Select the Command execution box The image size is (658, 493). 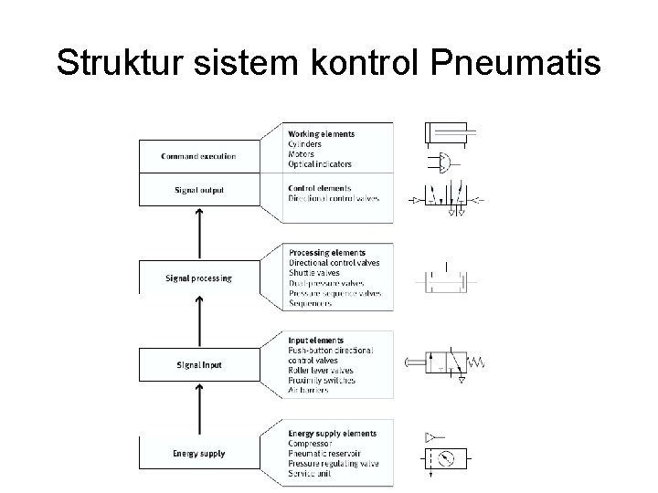click(198, 156)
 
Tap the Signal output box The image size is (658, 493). click(198, 190)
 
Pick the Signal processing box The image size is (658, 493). click(198, 278)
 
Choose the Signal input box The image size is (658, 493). click(198, 365)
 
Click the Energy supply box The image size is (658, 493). click(198, 453)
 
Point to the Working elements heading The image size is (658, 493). click(322, 134)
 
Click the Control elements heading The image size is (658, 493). click(319, 189)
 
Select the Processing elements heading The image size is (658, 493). click(326, 253)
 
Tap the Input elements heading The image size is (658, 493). click(316, 341)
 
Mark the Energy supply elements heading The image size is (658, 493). click(332, 434)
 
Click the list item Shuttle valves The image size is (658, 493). click(313, 273)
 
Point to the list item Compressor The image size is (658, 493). click(310, 444)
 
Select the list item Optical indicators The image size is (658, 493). click(320, 164)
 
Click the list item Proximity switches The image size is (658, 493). click(321, 380)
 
